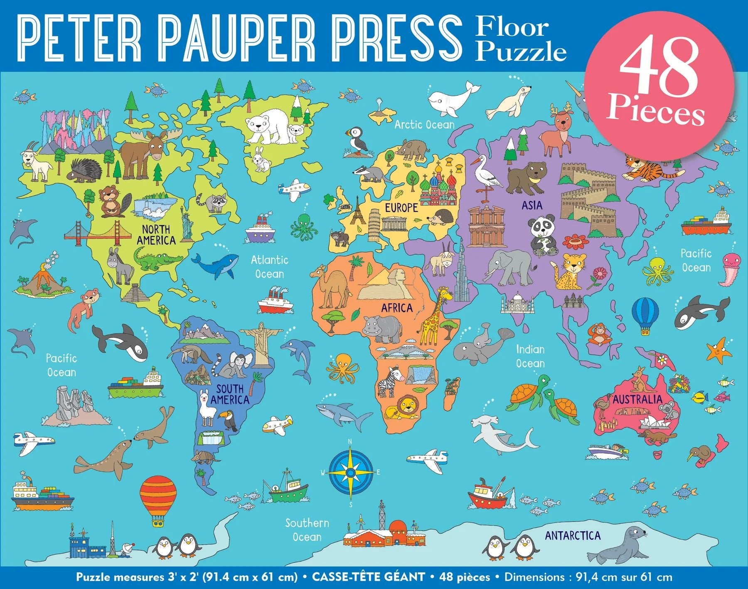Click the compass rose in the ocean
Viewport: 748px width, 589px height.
pos(350,473)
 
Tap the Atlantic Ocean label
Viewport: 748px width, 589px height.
pos(269,267)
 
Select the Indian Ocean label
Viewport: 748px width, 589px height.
pos(530,356)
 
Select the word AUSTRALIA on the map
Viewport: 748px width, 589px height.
pos(637,399)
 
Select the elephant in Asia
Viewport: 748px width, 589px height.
pos(509,266)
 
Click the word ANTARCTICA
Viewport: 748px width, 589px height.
pos(573,535)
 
